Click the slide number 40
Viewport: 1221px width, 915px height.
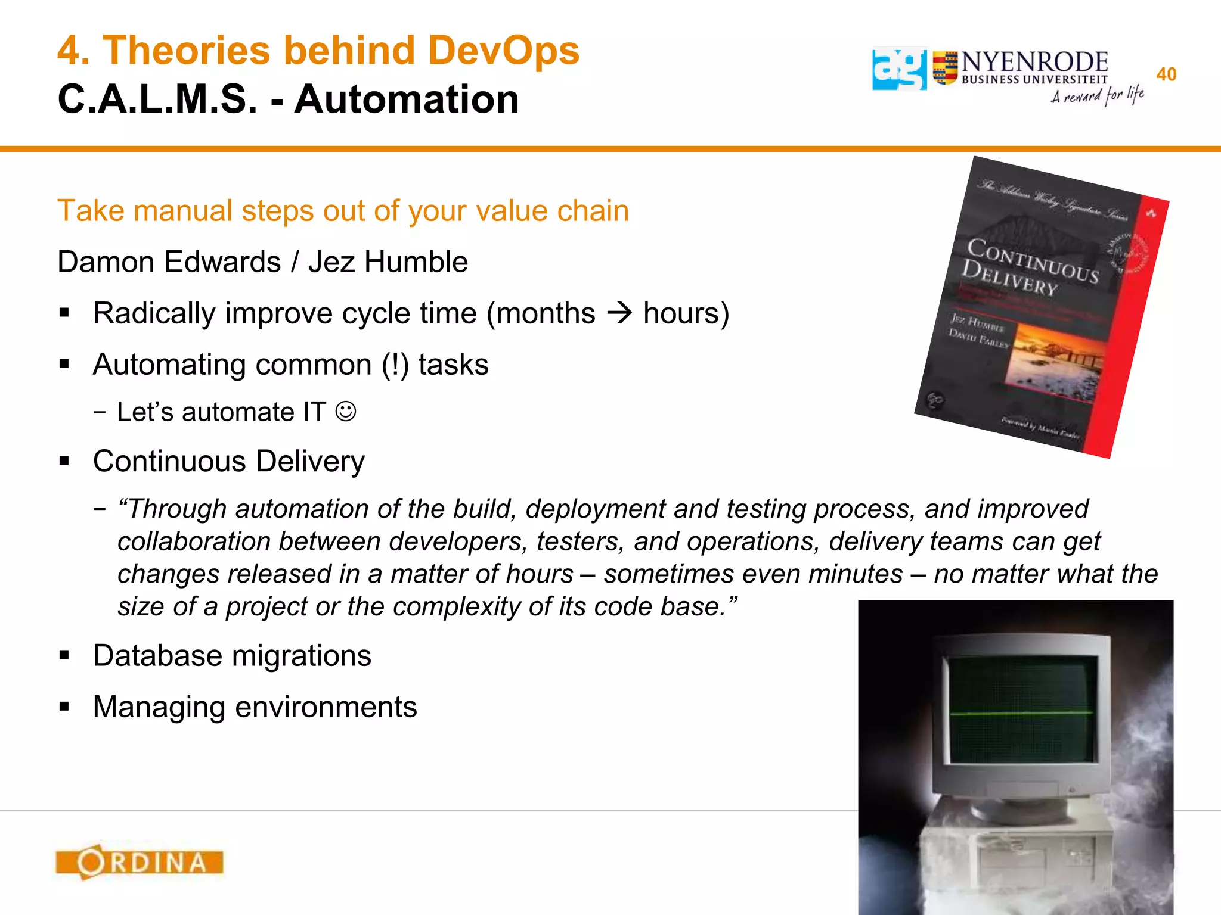(x=1166, y=74)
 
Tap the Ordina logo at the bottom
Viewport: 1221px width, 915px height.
(x=140, y=862)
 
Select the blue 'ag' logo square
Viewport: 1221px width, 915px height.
(x=899, y=69)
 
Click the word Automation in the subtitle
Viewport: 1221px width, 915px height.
(x=407, y=99)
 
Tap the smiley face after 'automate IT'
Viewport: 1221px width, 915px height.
(x=346, y=412)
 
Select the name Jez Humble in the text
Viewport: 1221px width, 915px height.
(x=388, y=262)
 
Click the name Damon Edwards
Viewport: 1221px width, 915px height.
(x=169, y=262)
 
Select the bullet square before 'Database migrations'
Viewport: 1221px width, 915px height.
(x=64, y=656)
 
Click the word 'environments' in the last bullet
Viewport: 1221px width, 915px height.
(x=326, y=707)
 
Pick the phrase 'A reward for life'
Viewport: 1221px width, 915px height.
(x=1097, y=95)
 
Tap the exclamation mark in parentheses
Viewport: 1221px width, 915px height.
(x=395, y=365)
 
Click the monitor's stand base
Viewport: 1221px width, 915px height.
(x=1019, y=811)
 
